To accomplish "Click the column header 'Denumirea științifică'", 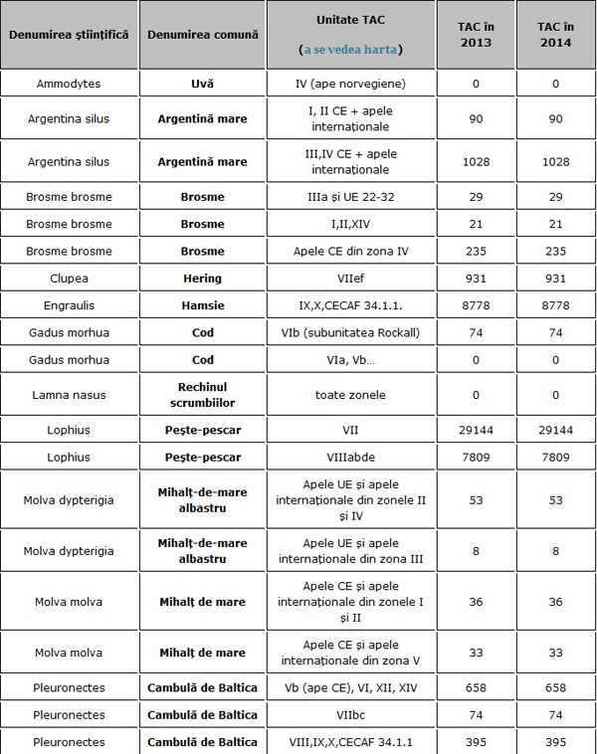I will (x=69, y=34).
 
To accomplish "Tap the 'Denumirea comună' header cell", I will (x=202, y=34).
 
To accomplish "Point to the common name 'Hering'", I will (x=202, y=279).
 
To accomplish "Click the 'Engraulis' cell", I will (x=69, y=305).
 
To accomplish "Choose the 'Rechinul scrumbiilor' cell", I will (x=202, y=395).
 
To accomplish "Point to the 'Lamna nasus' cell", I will (x=69, y=395).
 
